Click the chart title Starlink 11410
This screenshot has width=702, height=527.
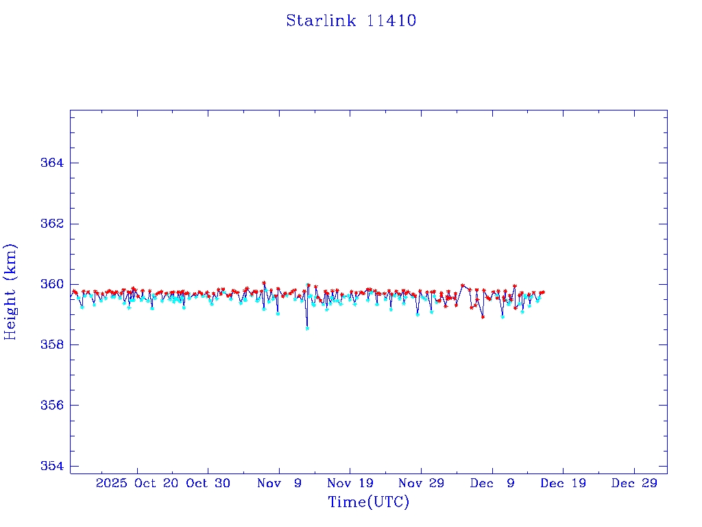tap(351, 21)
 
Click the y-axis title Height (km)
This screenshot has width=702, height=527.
tap(10, 292)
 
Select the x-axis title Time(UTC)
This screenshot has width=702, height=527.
tap(369, 502)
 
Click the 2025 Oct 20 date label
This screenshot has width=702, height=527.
tap(137, 483)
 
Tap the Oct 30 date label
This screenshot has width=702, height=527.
tap(208, 483)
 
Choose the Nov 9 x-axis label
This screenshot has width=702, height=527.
tap(279, 483)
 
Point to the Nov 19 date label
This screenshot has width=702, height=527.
tap(350, 483)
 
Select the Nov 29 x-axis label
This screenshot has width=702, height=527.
tap(421, 483)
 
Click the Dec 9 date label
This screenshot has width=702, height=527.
tap(492, 483)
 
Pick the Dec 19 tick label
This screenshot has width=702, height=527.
tap(563, 483)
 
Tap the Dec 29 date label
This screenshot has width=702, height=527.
tap(634, 483)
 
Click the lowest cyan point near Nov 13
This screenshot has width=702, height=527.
tap(307, 328)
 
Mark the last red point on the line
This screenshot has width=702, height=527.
tap(543, 292)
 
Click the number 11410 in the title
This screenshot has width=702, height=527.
tap(391, 21)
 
